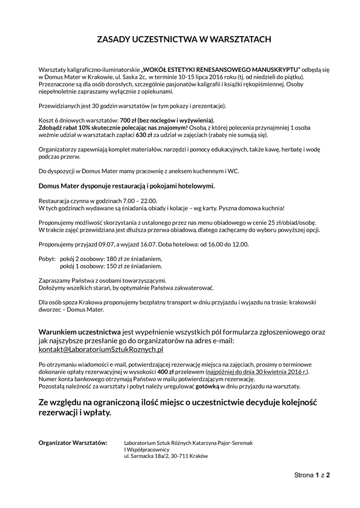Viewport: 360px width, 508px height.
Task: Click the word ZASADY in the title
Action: pos(111,40)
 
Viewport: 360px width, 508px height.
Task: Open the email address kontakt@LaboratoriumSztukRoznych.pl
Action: pos(101,349)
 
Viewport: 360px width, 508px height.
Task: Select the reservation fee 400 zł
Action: pos(164,372)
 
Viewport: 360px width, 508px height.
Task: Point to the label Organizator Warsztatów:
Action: pos(72,442)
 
